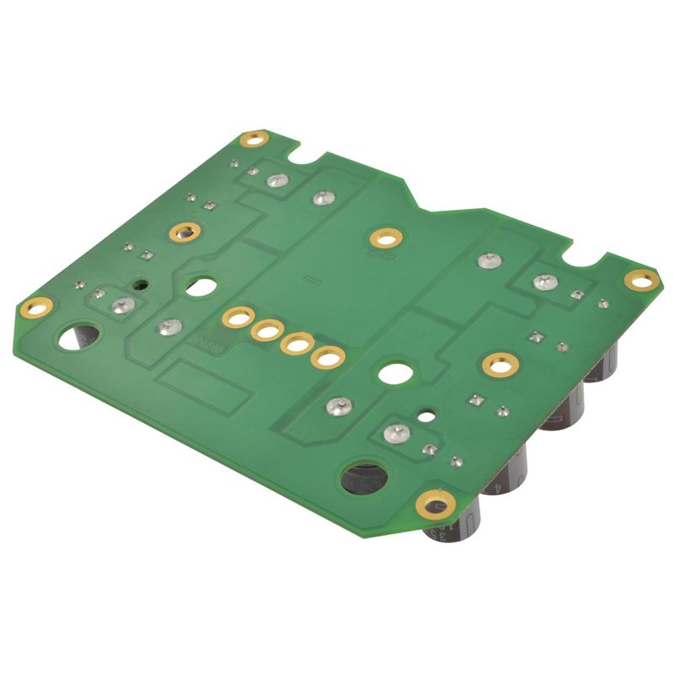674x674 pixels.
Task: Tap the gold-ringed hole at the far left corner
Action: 35,308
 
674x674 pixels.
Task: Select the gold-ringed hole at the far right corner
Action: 640,280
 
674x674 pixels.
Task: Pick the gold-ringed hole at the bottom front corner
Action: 436,505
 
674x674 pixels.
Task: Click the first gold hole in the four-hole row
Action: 237,318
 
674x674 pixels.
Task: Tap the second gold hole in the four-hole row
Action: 266,331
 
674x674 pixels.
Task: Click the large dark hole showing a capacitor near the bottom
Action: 364,478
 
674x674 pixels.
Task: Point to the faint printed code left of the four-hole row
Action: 206,343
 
